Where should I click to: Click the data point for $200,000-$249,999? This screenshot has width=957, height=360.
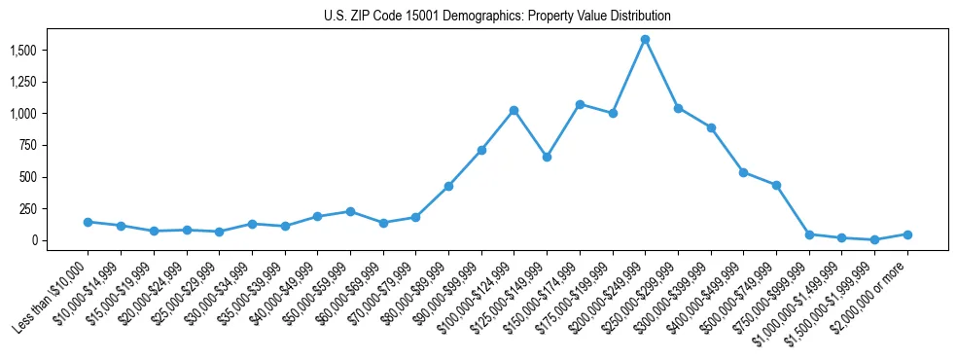coord(645,39)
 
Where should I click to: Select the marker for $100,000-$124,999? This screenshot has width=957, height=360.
coord(514,110)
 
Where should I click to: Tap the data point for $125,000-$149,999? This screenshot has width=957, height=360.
coord(547,157)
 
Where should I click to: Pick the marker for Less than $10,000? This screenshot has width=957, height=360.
coord(88,222)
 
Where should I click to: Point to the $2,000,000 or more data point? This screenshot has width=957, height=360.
coord(907,234)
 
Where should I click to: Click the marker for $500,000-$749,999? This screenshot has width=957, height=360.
coord(743,172)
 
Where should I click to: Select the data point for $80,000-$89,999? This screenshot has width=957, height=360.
coord(448,186)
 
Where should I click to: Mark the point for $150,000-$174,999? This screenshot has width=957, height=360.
coord(580,104)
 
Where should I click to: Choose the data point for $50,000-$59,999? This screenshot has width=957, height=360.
coord(350,211)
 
